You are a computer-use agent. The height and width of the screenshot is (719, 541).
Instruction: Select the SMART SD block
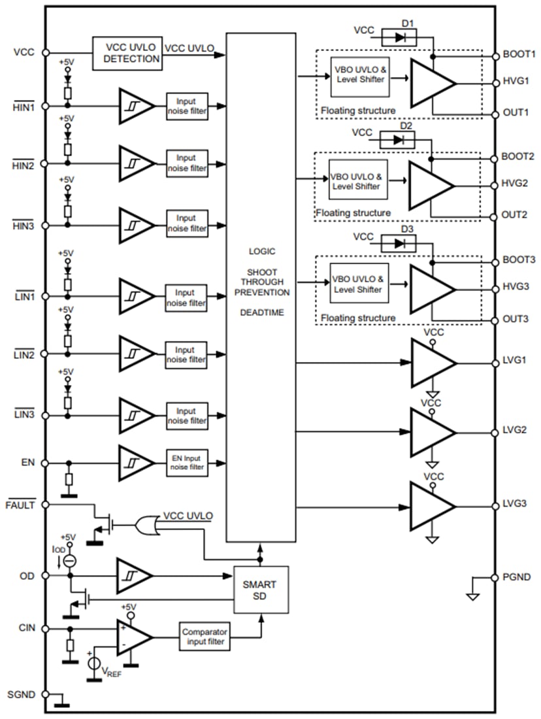261,590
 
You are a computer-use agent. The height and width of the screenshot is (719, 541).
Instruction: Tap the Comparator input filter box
204,637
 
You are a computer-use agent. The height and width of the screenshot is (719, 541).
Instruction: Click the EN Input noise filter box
187,463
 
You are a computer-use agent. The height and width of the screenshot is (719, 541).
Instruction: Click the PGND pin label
517,577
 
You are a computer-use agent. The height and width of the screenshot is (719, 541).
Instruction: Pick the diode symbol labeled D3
402,243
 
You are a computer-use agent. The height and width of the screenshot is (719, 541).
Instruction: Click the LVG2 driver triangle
431,432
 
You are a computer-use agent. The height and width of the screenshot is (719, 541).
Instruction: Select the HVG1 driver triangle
431,82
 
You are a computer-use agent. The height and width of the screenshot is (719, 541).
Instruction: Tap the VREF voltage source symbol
94,664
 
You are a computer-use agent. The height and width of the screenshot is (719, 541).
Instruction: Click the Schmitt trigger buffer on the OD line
135,576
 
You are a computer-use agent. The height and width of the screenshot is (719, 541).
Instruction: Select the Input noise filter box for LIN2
187,355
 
